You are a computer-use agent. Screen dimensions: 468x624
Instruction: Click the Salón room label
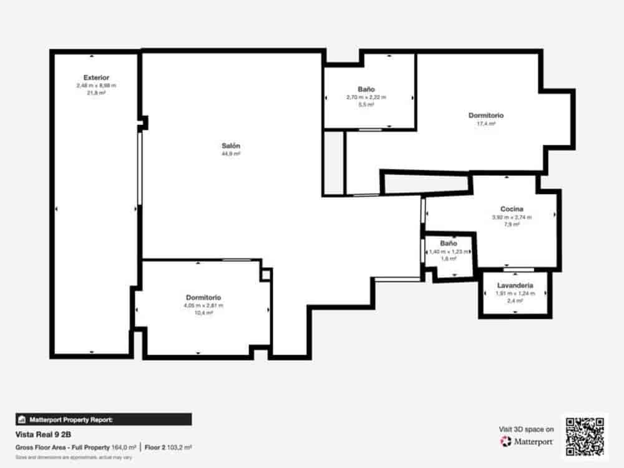tap(230, 145)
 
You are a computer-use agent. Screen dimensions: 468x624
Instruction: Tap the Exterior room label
tap(96, 77)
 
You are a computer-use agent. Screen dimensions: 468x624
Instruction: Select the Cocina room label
tap(511, 209)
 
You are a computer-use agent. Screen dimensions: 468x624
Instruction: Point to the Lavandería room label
tap(515, 285)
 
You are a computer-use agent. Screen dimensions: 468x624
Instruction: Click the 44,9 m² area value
tap(230, 154)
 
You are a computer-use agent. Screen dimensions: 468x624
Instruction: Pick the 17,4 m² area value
tap(485, 124)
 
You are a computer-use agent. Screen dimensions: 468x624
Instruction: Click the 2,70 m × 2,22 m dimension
tap(366, 97)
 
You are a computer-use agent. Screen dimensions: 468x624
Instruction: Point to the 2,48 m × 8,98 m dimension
tap(96, 85)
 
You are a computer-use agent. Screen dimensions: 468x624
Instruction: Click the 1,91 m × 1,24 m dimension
tap(515, 293)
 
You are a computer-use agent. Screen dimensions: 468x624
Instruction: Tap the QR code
tap(585, 436)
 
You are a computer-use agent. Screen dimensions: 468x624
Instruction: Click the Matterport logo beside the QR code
tap(527, 442)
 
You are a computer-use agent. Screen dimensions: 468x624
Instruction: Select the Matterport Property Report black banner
tap(104, 419)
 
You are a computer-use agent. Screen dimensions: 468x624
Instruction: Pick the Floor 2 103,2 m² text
tap(168, 447)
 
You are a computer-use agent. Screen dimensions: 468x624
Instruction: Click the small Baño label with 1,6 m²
tap(449, 243)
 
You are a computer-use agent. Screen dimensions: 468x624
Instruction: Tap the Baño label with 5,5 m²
tap(366, 89)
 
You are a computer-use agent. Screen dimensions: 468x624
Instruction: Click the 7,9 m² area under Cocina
tap(512, 225)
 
